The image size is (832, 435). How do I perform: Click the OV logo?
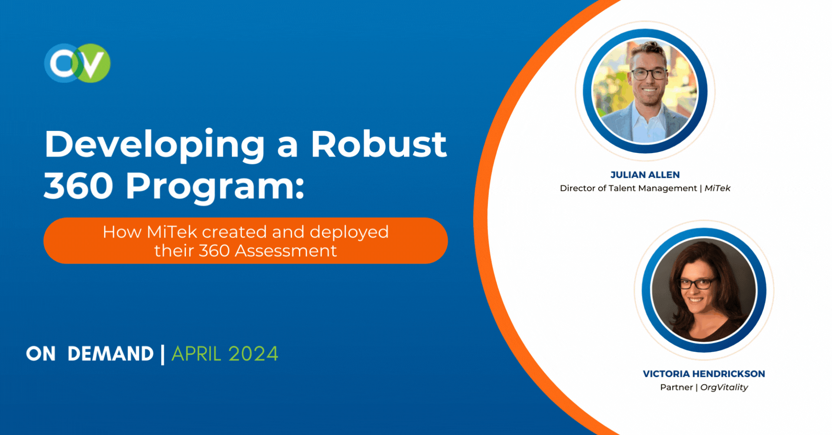77,63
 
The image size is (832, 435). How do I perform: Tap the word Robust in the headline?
378,144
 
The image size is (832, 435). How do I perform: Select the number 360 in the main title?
78,186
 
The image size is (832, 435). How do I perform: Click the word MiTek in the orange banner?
172,232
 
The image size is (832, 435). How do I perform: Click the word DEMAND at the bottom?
110,354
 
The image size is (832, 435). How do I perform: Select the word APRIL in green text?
196,354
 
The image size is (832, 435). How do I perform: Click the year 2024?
253,354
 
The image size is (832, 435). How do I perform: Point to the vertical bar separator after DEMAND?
162,354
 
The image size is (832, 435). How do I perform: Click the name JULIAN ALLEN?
645,175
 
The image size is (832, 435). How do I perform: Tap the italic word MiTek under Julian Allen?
717,188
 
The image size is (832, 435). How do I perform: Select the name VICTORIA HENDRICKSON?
704,374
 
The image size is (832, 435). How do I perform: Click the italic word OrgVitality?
724,387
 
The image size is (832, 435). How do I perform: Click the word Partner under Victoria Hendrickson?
676,387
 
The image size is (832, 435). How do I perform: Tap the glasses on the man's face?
648,74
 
